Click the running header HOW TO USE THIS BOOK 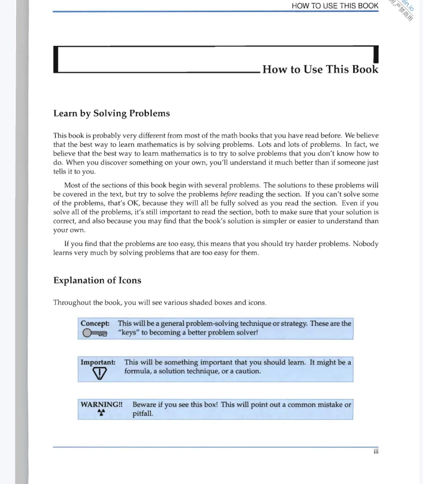pyautogui.click(x=335, y=6)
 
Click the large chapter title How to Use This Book pyautogui.click(x=320, y=69)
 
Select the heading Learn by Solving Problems pyautogui.click(x=112, y=114)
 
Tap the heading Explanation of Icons pyautogui.click(x=97, y=280)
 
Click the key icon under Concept pyautogui.click(x=94, y=333)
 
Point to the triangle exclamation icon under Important pyautogui.click(x=99, y=373)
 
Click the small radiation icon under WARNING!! pyautogui.click(x=101, y=412)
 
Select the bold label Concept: pyautogui.click(x=95, y=323)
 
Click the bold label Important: pyautogui.click(x=98, y=362)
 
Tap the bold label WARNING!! pyautogui.click(x=101, y=405)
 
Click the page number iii pyautogui.click(x=376, y=451)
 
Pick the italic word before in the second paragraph pyautogui.click(x=229, y=194)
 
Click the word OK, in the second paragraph pyautogui.click(x=134, y=203)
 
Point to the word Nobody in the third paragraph pyautogui.click(x=365, y=244)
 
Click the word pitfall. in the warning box pyautogui.click(x=143, y=414)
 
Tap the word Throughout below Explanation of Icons pyautogui.click(x=72, y=303)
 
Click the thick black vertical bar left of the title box pyautogui.click(x=56, y=60)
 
